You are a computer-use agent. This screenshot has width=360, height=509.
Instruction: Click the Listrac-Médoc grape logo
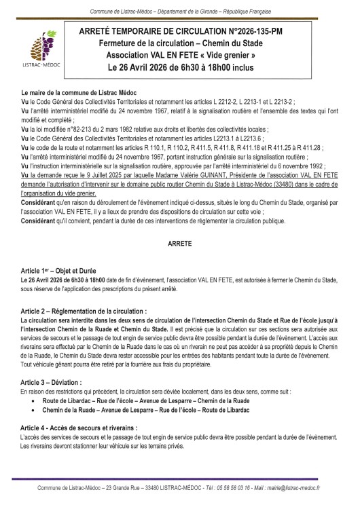point(33,50)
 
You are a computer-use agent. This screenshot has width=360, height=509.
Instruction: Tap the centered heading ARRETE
point(179,242)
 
